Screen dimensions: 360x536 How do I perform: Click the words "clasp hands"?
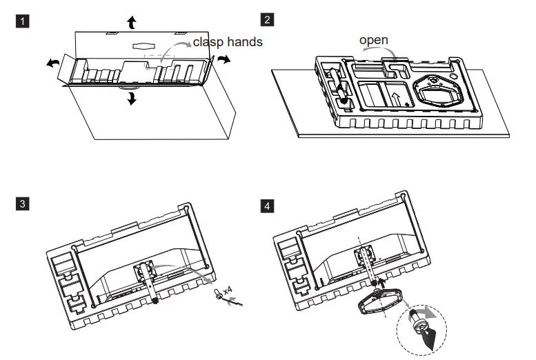228,42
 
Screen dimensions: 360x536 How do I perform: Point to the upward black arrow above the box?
132,22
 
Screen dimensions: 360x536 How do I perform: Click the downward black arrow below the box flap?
132,99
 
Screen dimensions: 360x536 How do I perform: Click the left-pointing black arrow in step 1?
52,63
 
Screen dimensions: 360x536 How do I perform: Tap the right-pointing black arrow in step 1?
223,60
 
